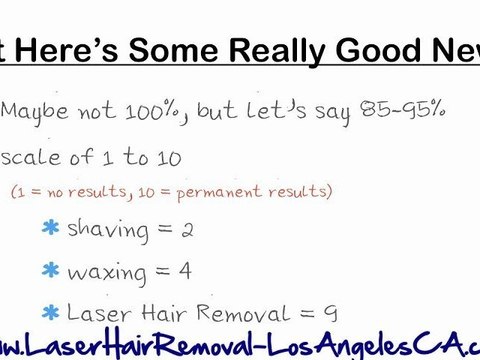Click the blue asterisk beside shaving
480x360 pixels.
click(50, 229)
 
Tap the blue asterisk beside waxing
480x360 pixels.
click(50, 270)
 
